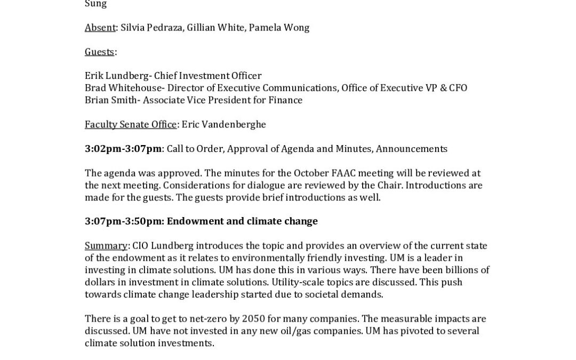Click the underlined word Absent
point(100,27)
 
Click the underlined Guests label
point(99,52)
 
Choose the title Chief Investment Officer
point(207,76)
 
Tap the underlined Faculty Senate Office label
point(131,124)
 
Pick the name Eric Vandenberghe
point(223,124)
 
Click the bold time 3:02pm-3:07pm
point(123,149)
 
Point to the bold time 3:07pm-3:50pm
point(123,221)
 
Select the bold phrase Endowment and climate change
point(242,221)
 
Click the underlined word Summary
point(106,246)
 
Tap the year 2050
point(253,319)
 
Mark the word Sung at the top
point(96,4)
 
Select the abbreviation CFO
point(458,88)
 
